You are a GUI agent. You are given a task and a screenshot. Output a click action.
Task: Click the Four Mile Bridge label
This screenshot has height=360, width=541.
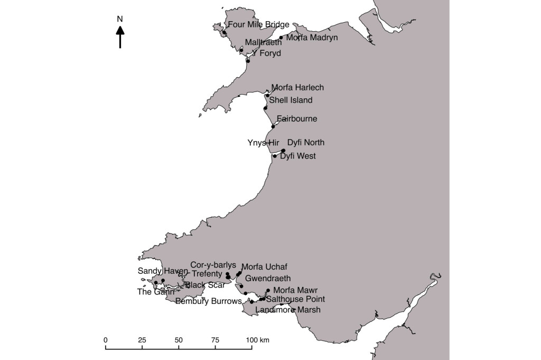258,24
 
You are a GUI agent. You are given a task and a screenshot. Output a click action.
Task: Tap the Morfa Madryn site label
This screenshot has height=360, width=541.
312,38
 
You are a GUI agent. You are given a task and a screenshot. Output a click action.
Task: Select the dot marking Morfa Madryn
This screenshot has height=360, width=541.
281,38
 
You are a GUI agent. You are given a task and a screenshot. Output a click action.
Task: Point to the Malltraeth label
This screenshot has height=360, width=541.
263,43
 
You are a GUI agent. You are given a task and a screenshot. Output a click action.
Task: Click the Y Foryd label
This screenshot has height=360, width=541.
267,53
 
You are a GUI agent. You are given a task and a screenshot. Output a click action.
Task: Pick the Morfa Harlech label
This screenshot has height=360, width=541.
297,88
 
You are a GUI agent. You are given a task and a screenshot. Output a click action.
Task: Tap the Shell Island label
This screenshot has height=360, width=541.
291,100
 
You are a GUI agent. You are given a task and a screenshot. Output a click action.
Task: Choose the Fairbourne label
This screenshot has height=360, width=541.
297,119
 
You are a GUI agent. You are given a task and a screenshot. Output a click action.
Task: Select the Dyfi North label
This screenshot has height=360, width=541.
305,143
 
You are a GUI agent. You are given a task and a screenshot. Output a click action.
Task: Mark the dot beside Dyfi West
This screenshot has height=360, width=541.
275,156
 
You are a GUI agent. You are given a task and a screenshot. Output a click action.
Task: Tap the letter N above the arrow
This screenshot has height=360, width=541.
120,20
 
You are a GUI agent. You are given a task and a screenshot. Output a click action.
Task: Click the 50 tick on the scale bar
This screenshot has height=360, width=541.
179,347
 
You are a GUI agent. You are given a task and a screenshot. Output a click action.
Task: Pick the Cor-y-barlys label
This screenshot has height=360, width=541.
213,264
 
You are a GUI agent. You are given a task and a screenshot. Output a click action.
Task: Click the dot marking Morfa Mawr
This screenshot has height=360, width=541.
268,290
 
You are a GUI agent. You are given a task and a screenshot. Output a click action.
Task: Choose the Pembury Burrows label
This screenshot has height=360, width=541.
208,301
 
